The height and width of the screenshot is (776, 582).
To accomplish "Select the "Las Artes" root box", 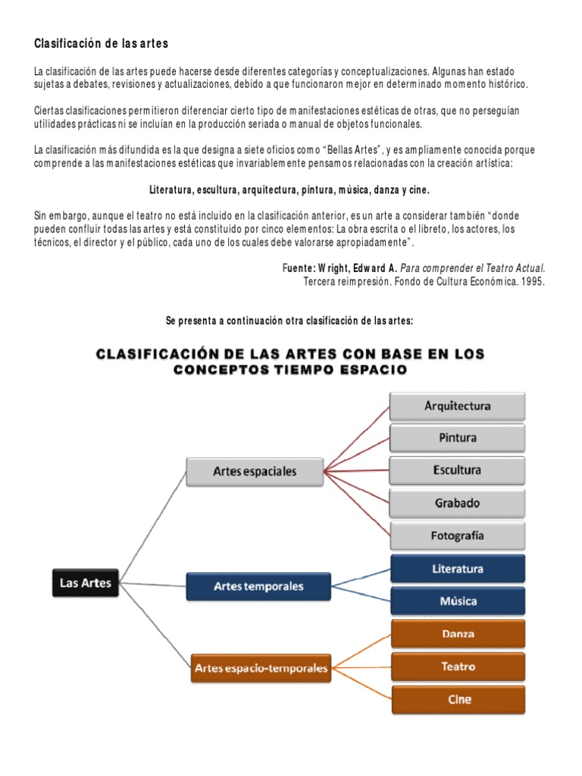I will [x=86, y=583].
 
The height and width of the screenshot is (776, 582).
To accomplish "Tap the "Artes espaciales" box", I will [x=255, y=471].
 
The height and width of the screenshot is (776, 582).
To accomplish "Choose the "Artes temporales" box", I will [x=258, y=587].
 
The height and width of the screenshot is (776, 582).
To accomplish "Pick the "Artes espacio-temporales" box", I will [x=261, y=668].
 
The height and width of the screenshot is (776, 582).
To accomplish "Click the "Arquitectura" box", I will [x=457, y=406].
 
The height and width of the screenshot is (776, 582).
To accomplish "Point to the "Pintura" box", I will [x=457, y=438].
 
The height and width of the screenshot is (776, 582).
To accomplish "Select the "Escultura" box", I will [x=457, y=470].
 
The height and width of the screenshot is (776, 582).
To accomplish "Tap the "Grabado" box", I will [x=457, y=502].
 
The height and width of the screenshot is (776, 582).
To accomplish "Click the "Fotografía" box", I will [x=457, y=535].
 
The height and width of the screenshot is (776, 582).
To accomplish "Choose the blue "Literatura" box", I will [x=457, y=568].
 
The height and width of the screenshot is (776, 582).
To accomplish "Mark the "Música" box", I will [x=457, y=601].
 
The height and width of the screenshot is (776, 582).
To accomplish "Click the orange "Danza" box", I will [x=457, y=633].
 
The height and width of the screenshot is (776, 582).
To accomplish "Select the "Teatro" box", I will [x=457, y=666].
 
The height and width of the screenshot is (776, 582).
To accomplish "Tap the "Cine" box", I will [x=457, y=699].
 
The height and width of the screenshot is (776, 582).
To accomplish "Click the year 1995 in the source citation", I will [x=532, y=281].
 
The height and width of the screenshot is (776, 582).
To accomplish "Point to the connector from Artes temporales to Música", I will [x=361, y=594].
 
